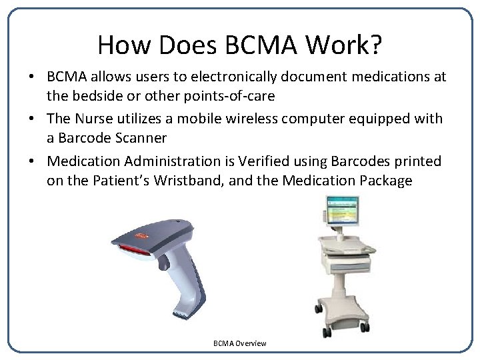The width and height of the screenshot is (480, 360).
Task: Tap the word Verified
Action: pyautogui.click(x=245, y=161)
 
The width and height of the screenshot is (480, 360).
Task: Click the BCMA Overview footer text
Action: pyautogui.click(x=239, y=343)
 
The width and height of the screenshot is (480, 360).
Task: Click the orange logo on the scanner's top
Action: pyautogui.click(x=141, y=235)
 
